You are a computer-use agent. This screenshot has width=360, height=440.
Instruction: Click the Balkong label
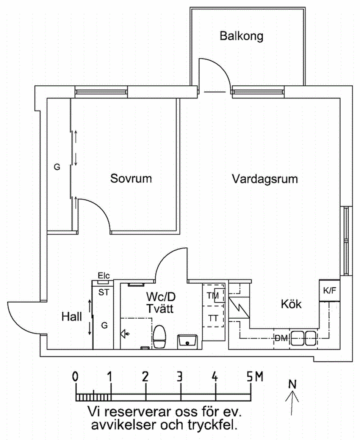click(241, 36)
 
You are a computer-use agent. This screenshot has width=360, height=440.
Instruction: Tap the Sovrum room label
click(131, 178)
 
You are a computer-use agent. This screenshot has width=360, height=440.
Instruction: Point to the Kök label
click(291, 304)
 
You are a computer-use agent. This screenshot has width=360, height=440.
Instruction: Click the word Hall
click(72, 317)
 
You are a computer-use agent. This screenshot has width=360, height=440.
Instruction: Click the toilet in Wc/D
click(160, 336)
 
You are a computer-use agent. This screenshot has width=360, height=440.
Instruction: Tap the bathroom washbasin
click(187, 341)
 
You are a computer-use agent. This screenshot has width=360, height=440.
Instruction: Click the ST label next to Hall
click(104, 292)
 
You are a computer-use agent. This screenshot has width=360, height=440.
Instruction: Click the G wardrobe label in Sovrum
click(57, 167)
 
